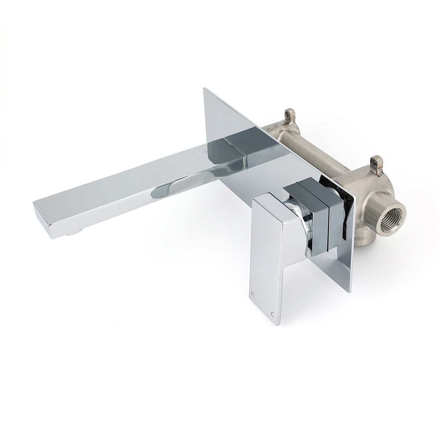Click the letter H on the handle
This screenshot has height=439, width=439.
[x=252, y=294]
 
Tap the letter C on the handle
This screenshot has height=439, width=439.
[x=272, y=314]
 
